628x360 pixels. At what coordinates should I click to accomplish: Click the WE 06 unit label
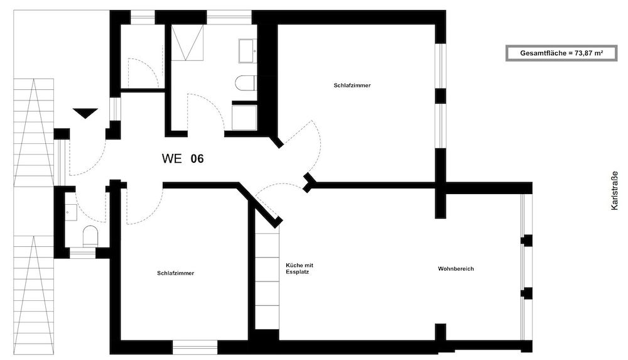click(x=183, y=159)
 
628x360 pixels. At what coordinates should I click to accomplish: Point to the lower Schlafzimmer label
click(x=175, y=273)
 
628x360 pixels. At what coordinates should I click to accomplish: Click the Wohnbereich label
click(x=456, y=269)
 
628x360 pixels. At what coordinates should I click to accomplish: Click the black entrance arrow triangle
click(x=85, y=113)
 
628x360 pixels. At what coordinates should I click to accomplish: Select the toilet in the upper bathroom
click(x=246, y=82)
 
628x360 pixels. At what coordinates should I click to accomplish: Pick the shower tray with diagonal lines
click(x=188, y=42)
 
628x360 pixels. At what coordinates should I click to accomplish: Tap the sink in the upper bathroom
click(x=246, y=50)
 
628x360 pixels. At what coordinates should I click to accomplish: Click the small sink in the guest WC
click(x=70, y=211)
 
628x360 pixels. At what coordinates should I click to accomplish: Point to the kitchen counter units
click(x=267, y=283)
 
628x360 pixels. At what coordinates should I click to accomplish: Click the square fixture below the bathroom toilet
click(x=244, y=117)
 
